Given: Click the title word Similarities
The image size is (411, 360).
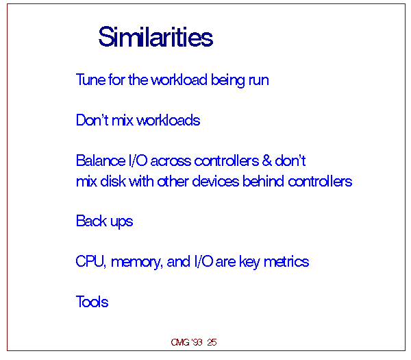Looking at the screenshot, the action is click(x=155, y=37).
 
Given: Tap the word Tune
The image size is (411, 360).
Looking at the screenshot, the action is click(x=90, y=80).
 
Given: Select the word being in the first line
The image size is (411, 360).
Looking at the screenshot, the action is click(x=228, y=80).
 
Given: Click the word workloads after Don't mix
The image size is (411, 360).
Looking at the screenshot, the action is click(x=169, y=121).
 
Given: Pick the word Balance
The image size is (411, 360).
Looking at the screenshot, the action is click(x=101, y=160).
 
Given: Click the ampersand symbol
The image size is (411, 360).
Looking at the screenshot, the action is click(x=267, y=160).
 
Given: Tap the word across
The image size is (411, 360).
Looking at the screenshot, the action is click(x=171, y=162).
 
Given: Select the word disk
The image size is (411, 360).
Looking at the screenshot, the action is click(x=113, y=181).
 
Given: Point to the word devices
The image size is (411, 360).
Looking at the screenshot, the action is click(x=216, y=181).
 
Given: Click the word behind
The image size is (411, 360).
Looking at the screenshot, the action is click(x=263, y=181).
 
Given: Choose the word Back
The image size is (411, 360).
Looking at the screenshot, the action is click(x=91, y=221).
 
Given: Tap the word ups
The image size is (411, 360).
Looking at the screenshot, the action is click(x=122, y=222).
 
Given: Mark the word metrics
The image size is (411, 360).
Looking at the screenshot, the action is click(x=286, y=262).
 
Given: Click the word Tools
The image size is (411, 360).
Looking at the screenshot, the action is click(x=92, y=302).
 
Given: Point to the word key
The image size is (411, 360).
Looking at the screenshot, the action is click(x=250, y=262).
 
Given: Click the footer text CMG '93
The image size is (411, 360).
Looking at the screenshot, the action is click(x=186, y=342).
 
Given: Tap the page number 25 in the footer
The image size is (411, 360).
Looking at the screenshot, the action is click(x=212, y=342).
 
